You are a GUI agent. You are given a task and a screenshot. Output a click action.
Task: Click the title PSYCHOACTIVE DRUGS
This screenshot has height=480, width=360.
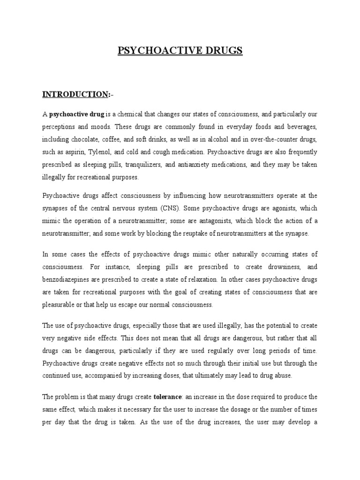pyautogui.click(x=180, y=50)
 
